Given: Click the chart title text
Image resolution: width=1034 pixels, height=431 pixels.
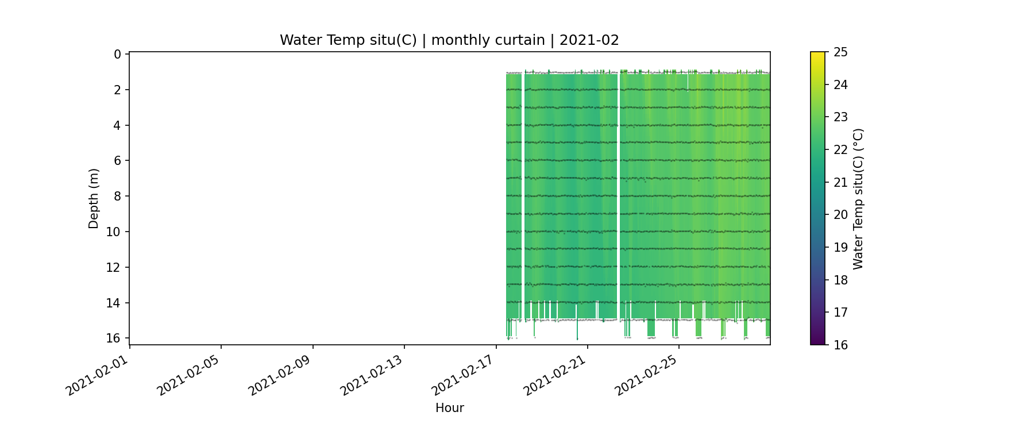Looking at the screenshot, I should click(449, 40).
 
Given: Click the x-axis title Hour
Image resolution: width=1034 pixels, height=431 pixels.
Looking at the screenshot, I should click(449, 408).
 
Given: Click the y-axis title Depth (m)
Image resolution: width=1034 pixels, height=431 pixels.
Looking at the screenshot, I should click(94, 198).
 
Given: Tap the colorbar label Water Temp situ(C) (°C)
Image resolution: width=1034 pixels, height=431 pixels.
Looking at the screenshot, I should click(858, 198).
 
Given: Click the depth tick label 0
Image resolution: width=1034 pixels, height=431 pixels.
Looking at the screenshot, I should click(118, 54).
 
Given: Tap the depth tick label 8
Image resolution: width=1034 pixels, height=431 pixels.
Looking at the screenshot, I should click(118, 196).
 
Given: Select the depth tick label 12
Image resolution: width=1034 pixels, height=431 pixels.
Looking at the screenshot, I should click(115, 267).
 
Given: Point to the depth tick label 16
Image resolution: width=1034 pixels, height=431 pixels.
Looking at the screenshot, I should click(115, 338).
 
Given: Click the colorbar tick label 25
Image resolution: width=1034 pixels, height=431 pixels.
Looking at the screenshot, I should click(840, 52).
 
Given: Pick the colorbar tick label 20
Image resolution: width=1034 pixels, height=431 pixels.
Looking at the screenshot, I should click(840, 215).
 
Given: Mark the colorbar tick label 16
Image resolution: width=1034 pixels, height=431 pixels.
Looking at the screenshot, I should click(840, 345).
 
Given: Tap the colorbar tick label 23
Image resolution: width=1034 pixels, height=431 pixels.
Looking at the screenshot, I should click(840, 117).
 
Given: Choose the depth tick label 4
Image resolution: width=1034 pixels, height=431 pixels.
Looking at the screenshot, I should click(118, 125).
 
